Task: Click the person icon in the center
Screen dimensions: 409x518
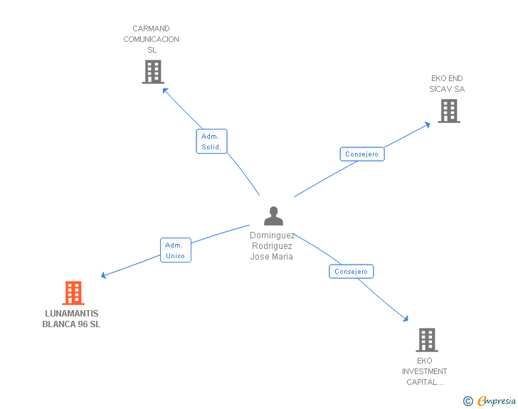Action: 273,216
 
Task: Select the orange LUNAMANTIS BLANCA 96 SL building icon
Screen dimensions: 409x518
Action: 73,293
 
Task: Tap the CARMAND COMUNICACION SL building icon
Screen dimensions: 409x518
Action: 153,72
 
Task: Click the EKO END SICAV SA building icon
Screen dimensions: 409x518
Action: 448,111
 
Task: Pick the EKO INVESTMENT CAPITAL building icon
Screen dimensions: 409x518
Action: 426,340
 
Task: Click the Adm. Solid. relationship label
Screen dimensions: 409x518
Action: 211,142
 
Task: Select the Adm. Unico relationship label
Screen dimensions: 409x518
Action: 175,250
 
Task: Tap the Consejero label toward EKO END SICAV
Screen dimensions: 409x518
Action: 362,154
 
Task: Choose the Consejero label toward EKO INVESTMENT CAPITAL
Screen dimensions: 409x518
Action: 351,272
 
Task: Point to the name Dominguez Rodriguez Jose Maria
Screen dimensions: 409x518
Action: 272,246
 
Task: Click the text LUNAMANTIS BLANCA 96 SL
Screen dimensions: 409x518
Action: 72,319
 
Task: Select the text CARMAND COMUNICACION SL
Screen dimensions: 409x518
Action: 152,39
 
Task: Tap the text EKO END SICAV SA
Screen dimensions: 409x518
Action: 447,84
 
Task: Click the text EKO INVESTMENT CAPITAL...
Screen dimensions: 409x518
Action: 425,371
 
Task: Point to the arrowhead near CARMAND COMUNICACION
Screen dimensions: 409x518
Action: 164,90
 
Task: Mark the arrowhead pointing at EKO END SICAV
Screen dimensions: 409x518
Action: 427,124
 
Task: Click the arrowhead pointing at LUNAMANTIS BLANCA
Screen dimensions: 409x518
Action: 104,276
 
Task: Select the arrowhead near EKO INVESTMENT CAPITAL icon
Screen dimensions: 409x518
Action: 406,320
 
